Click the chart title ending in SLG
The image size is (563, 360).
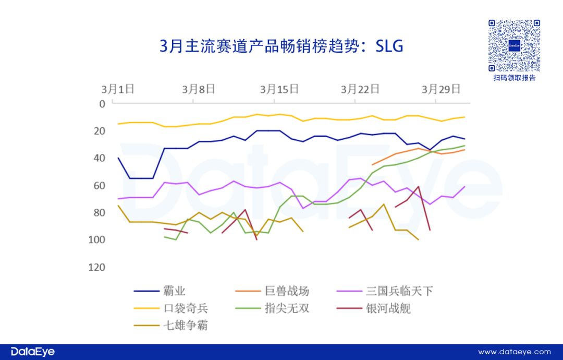[281, 46]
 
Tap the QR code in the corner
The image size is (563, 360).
[514, 46]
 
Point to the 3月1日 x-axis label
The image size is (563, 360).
[118, 89]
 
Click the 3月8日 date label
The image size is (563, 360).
[199, 89]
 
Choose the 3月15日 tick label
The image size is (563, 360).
[279, 89]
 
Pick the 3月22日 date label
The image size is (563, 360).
[360, 89]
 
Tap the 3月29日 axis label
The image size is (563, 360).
[441, 89]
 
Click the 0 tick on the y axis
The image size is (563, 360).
[102, 104]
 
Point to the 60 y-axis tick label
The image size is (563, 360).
[99, 185]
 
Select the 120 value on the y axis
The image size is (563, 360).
[96, 267]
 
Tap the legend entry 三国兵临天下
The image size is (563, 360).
[399, 291]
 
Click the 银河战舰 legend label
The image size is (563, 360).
[388, 308]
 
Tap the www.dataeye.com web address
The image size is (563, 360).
[514, 352]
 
